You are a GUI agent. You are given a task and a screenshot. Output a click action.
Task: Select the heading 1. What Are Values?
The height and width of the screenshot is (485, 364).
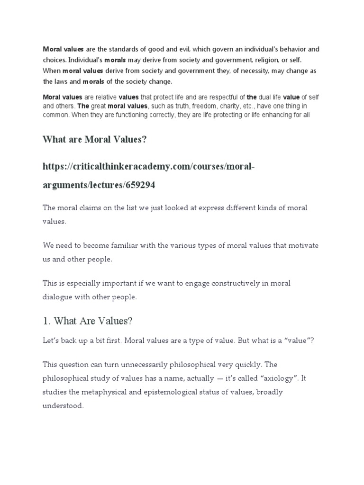(x=88, y=321)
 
